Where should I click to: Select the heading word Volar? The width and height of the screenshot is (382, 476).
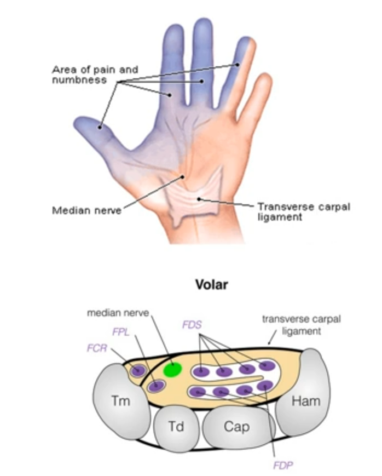coord(212,285)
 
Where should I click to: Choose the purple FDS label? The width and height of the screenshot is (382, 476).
coord(192,325)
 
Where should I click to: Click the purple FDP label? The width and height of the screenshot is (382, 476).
coord(283,466)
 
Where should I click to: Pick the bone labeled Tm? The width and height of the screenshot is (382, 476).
coord(121,400)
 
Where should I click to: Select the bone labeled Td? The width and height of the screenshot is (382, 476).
coord(175,426)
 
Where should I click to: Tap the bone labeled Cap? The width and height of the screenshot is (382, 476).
coord(236,426)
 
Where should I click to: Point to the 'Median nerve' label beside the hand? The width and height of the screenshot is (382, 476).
coord(86,210)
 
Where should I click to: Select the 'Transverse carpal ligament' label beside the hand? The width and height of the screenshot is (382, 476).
coord(303,211)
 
